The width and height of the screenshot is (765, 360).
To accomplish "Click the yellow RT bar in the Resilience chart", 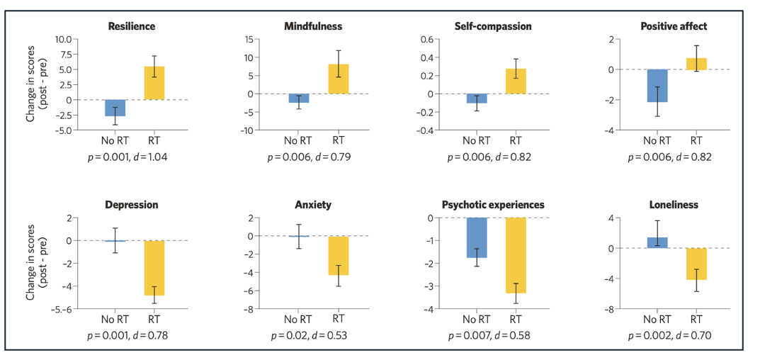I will (x=154, y=83).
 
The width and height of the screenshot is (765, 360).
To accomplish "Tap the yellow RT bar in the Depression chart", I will (x=154, y=268).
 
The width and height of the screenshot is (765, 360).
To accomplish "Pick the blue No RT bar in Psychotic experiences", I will (x=477, y=237).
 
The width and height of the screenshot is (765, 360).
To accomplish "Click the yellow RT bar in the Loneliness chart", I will (x=696, y=264).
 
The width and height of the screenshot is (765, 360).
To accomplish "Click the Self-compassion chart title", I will (x=493, y=26).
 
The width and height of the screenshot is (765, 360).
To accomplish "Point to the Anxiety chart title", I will (x=313, y=205).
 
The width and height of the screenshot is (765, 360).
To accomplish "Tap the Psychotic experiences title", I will (x=493, y=205).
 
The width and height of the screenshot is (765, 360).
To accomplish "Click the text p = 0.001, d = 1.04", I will (x=131, y=157).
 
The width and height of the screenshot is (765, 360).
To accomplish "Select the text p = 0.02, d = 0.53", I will (x=312, y=335).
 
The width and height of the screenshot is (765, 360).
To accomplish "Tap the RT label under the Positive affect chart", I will (x=696, y=140).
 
